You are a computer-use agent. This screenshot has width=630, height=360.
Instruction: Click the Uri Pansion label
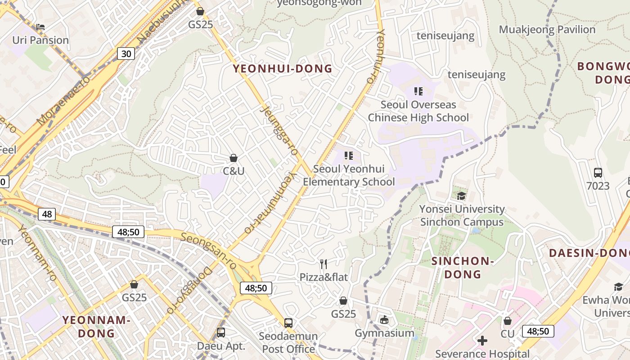click(x=40, y=40)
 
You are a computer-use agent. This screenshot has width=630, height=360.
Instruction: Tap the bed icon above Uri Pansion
click(x=40, y=27)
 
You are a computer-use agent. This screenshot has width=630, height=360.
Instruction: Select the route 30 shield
click(x=126, y=54)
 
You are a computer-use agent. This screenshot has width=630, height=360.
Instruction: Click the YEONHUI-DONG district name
click(x=283, y=69)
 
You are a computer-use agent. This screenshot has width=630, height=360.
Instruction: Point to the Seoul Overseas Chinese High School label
click(x=418, y=111)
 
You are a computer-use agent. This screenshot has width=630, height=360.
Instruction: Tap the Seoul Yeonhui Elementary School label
click(x=349, y=175)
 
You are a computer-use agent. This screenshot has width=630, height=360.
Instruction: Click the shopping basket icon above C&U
click(x=234, y=158)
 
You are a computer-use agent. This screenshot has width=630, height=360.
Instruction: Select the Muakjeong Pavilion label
click(x=547, y=30)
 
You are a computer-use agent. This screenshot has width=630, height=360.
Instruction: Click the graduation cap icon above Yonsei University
click(x=462, y=196)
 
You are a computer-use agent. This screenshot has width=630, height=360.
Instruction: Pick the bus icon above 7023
click(x=598, y=172)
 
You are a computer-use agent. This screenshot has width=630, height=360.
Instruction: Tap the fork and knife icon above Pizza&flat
click(x=323, y=264)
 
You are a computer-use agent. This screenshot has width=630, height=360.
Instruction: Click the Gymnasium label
click(x=384, y=333)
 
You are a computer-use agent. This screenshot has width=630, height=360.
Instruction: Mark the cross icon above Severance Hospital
click(x=482, y=340)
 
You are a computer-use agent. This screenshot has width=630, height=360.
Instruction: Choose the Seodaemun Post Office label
click(x=288, y=342)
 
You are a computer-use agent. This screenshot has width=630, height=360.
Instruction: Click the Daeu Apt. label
click(x=221, y=346)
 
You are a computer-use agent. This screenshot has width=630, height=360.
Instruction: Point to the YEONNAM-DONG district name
click(x=96, y=327)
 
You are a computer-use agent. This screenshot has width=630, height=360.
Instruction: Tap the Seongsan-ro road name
click(x=209, y=250)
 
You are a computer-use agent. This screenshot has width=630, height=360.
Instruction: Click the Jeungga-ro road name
click(x=279, y=130)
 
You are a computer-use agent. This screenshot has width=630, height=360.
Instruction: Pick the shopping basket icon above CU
click(x=508, y=321)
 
